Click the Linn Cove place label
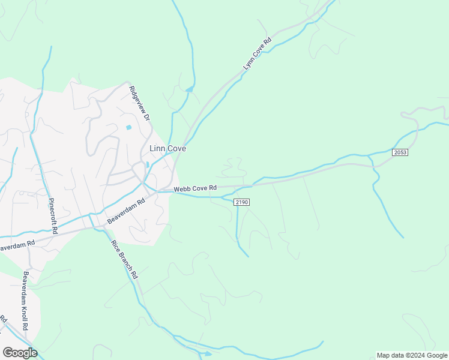[167, 148]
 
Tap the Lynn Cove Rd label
[258, 55]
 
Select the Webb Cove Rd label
[195, 189]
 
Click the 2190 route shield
[241, 203]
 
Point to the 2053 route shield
[400, 153]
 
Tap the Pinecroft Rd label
[52, 215]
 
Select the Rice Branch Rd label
[125, 259]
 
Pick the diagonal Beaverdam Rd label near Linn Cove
[127, 211]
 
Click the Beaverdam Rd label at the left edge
[17, 245]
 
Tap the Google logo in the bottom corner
[20, 352]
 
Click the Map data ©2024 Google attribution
[412, 355]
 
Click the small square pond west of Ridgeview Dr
[128, 127]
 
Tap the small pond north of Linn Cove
[190, 90]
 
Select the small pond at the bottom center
[207, 354]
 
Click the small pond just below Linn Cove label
[148, 164]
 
